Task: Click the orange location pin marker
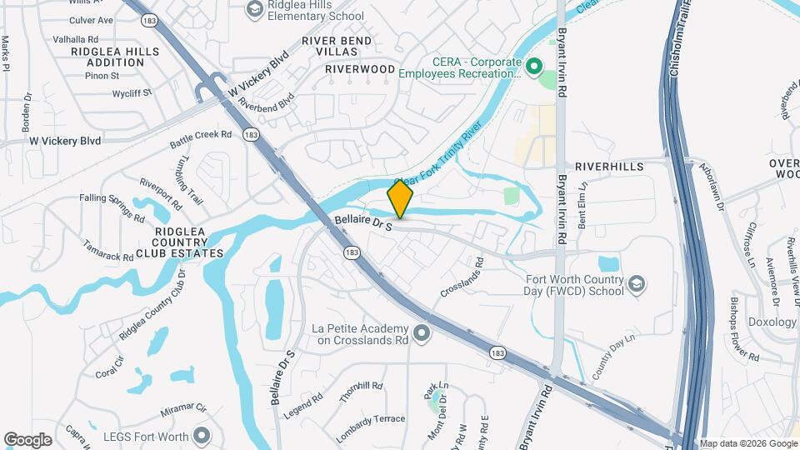[x=401, y=200]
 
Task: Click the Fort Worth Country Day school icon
[x=636, y=285]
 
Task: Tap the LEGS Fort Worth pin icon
[x=200, y=434]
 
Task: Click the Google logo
[x=27, y=439]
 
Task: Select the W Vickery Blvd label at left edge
[x=65, y=141]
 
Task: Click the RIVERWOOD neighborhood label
[x=360, y=68]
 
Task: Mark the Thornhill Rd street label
[x=361, y=392]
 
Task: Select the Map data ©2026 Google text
[x=747, y=443]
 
